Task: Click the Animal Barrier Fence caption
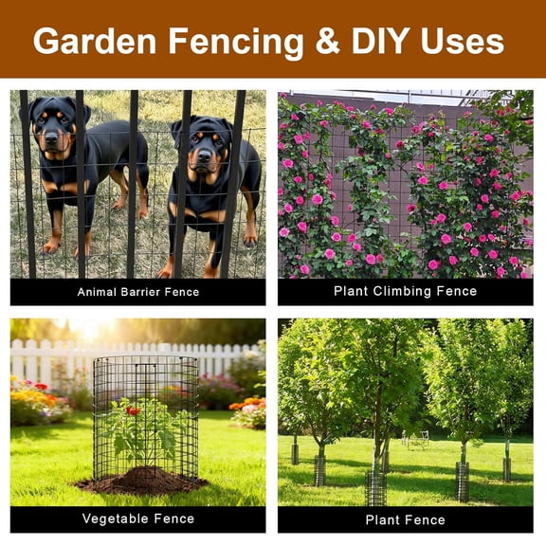coord(138,292)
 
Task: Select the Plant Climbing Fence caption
coord(405,291)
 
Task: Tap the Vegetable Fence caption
coord(138,519)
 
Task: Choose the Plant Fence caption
coord(405,519)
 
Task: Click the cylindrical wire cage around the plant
coord(145,417)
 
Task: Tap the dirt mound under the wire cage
coord(142,482)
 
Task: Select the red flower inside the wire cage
coord(135,410)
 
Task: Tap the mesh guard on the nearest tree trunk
coord(376,488)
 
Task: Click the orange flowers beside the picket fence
coord(244,405)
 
